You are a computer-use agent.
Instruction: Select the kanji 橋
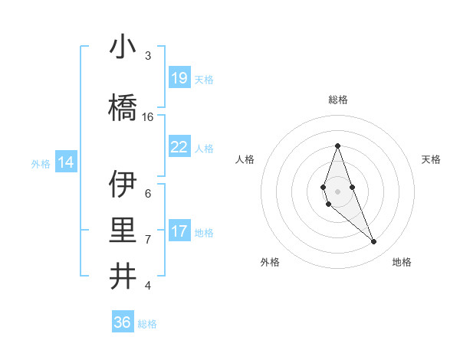coord(123,108)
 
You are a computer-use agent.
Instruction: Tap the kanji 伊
coord(123,185)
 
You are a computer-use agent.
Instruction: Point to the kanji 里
coord(123,231)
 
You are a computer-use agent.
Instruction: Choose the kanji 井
coord(123,277)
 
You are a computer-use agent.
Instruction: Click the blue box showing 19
coord(179,78)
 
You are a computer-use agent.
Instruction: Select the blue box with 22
coord(179,147)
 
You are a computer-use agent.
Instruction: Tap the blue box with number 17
coord(179,231)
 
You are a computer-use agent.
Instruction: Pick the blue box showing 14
coord(66,162)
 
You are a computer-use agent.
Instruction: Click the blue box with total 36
coord(123,322)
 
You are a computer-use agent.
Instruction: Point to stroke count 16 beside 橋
coord(148,117)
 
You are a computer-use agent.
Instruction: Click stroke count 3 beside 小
coord(148,56)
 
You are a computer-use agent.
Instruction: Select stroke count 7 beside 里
coord(148,240)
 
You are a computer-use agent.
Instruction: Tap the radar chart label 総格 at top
coord(337,100)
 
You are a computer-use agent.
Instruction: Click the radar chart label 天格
coord(431,159)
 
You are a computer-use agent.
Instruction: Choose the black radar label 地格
coord(402,262)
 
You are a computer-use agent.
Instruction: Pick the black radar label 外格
coord(270,262)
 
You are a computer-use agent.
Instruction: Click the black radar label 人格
coord(245,159)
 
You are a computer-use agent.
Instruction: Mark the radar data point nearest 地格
coord(373,242)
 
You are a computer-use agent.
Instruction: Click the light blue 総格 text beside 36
coord(147,324)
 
